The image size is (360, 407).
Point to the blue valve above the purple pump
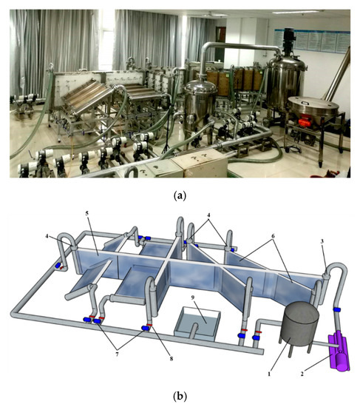(336, 308)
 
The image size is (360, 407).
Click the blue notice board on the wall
(310, 41)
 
